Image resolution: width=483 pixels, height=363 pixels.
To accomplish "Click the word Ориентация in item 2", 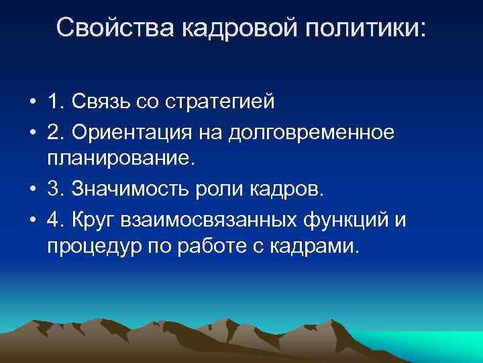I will (x=141, y=133).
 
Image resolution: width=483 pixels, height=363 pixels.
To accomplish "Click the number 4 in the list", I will (x=54, y=220).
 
